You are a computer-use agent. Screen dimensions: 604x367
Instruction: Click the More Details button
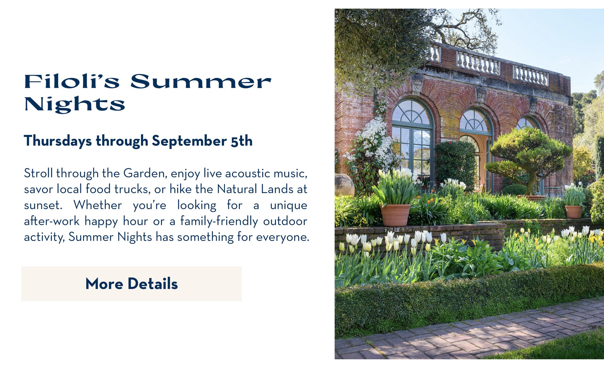131,284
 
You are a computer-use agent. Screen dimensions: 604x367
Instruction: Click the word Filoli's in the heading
72,82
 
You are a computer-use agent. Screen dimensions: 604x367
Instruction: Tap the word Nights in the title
75,104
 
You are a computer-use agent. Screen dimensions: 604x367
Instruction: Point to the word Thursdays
58,141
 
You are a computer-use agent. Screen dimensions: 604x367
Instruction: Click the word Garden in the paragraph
145,173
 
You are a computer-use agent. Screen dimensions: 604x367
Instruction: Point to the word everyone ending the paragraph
283,237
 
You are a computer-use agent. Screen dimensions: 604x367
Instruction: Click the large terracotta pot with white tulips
395,215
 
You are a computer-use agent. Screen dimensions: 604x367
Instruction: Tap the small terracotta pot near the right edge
573,212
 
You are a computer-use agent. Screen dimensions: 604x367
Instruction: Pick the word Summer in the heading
201,82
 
